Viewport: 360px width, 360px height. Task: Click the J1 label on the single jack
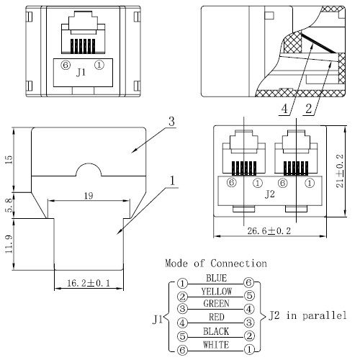[x=81, y=72]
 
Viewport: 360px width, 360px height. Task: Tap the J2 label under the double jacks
[x=270, y=194]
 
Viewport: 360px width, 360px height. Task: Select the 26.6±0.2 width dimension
[x=269, y=231]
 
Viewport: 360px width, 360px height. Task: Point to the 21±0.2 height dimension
[x=340, y=171]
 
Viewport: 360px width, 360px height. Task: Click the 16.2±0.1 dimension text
[x=89, y=283]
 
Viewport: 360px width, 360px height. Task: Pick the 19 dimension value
[x=89, y=196]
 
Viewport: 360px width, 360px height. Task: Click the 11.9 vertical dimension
[x=9, y=244]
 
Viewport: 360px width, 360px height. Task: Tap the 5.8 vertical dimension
[x=9, y=205]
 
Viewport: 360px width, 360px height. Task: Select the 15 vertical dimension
[x=9, y=160]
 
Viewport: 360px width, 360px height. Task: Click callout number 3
[x=171, y=121]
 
